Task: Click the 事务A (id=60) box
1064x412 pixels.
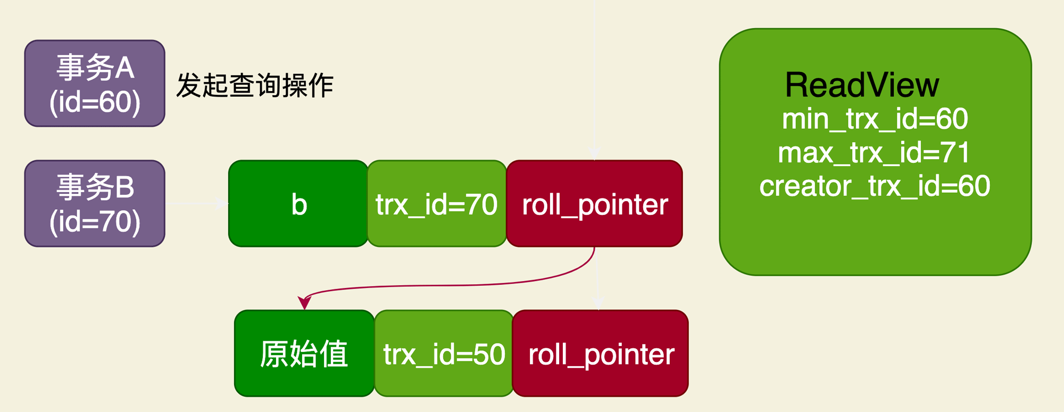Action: click(x=95, y=84)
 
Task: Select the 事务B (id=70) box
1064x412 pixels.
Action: click(x=95, y=203)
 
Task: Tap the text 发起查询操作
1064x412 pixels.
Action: click(x=254, y=86)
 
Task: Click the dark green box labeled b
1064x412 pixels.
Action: click(x=298, y=204)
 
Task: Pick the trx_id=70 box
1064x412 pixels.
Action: click(x=436, y=204)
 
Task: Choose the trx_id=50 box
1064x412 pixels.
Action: click(x=444, y=354)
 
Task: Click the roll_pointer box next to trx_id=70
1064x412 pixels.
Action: click(x=594, y=204)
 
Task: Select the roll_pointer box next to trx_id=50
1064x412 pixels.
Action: click(x=601, y=354)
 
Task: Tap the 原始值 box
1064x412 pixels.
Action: click(x=304, y=354)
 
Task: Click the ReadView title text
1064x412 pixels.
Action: click(x=862, y=85)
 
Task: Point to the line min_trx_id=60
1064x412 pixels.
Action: click(x=875, y=119)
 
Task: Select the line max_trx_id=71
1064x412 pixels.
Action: click(x=874, y=153)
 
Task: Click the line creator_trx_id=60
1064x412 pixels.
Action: click(x=875, y=186)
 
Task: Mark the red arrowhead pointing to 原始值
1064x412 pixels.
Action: click(x=304, y=303)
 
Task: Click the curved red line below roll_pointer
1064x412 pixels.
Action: click(x=452, y=286)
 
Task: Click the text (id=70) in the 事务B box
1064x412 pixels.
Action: click(x=95, y=222)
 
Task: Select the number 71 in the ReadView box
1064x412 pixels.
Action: click(x=955, y=153)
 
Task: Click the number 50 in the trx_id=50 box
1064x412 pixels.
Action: click(x=489, y=354)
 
